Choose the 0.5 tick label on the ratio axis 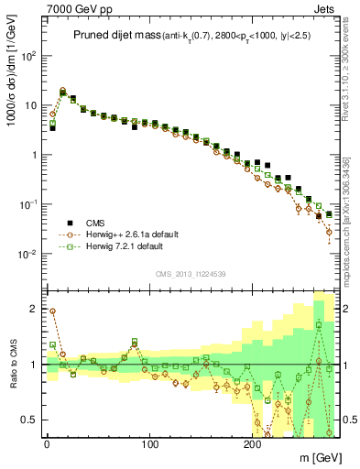27,419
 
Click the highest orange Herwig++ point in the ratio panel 52,311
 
